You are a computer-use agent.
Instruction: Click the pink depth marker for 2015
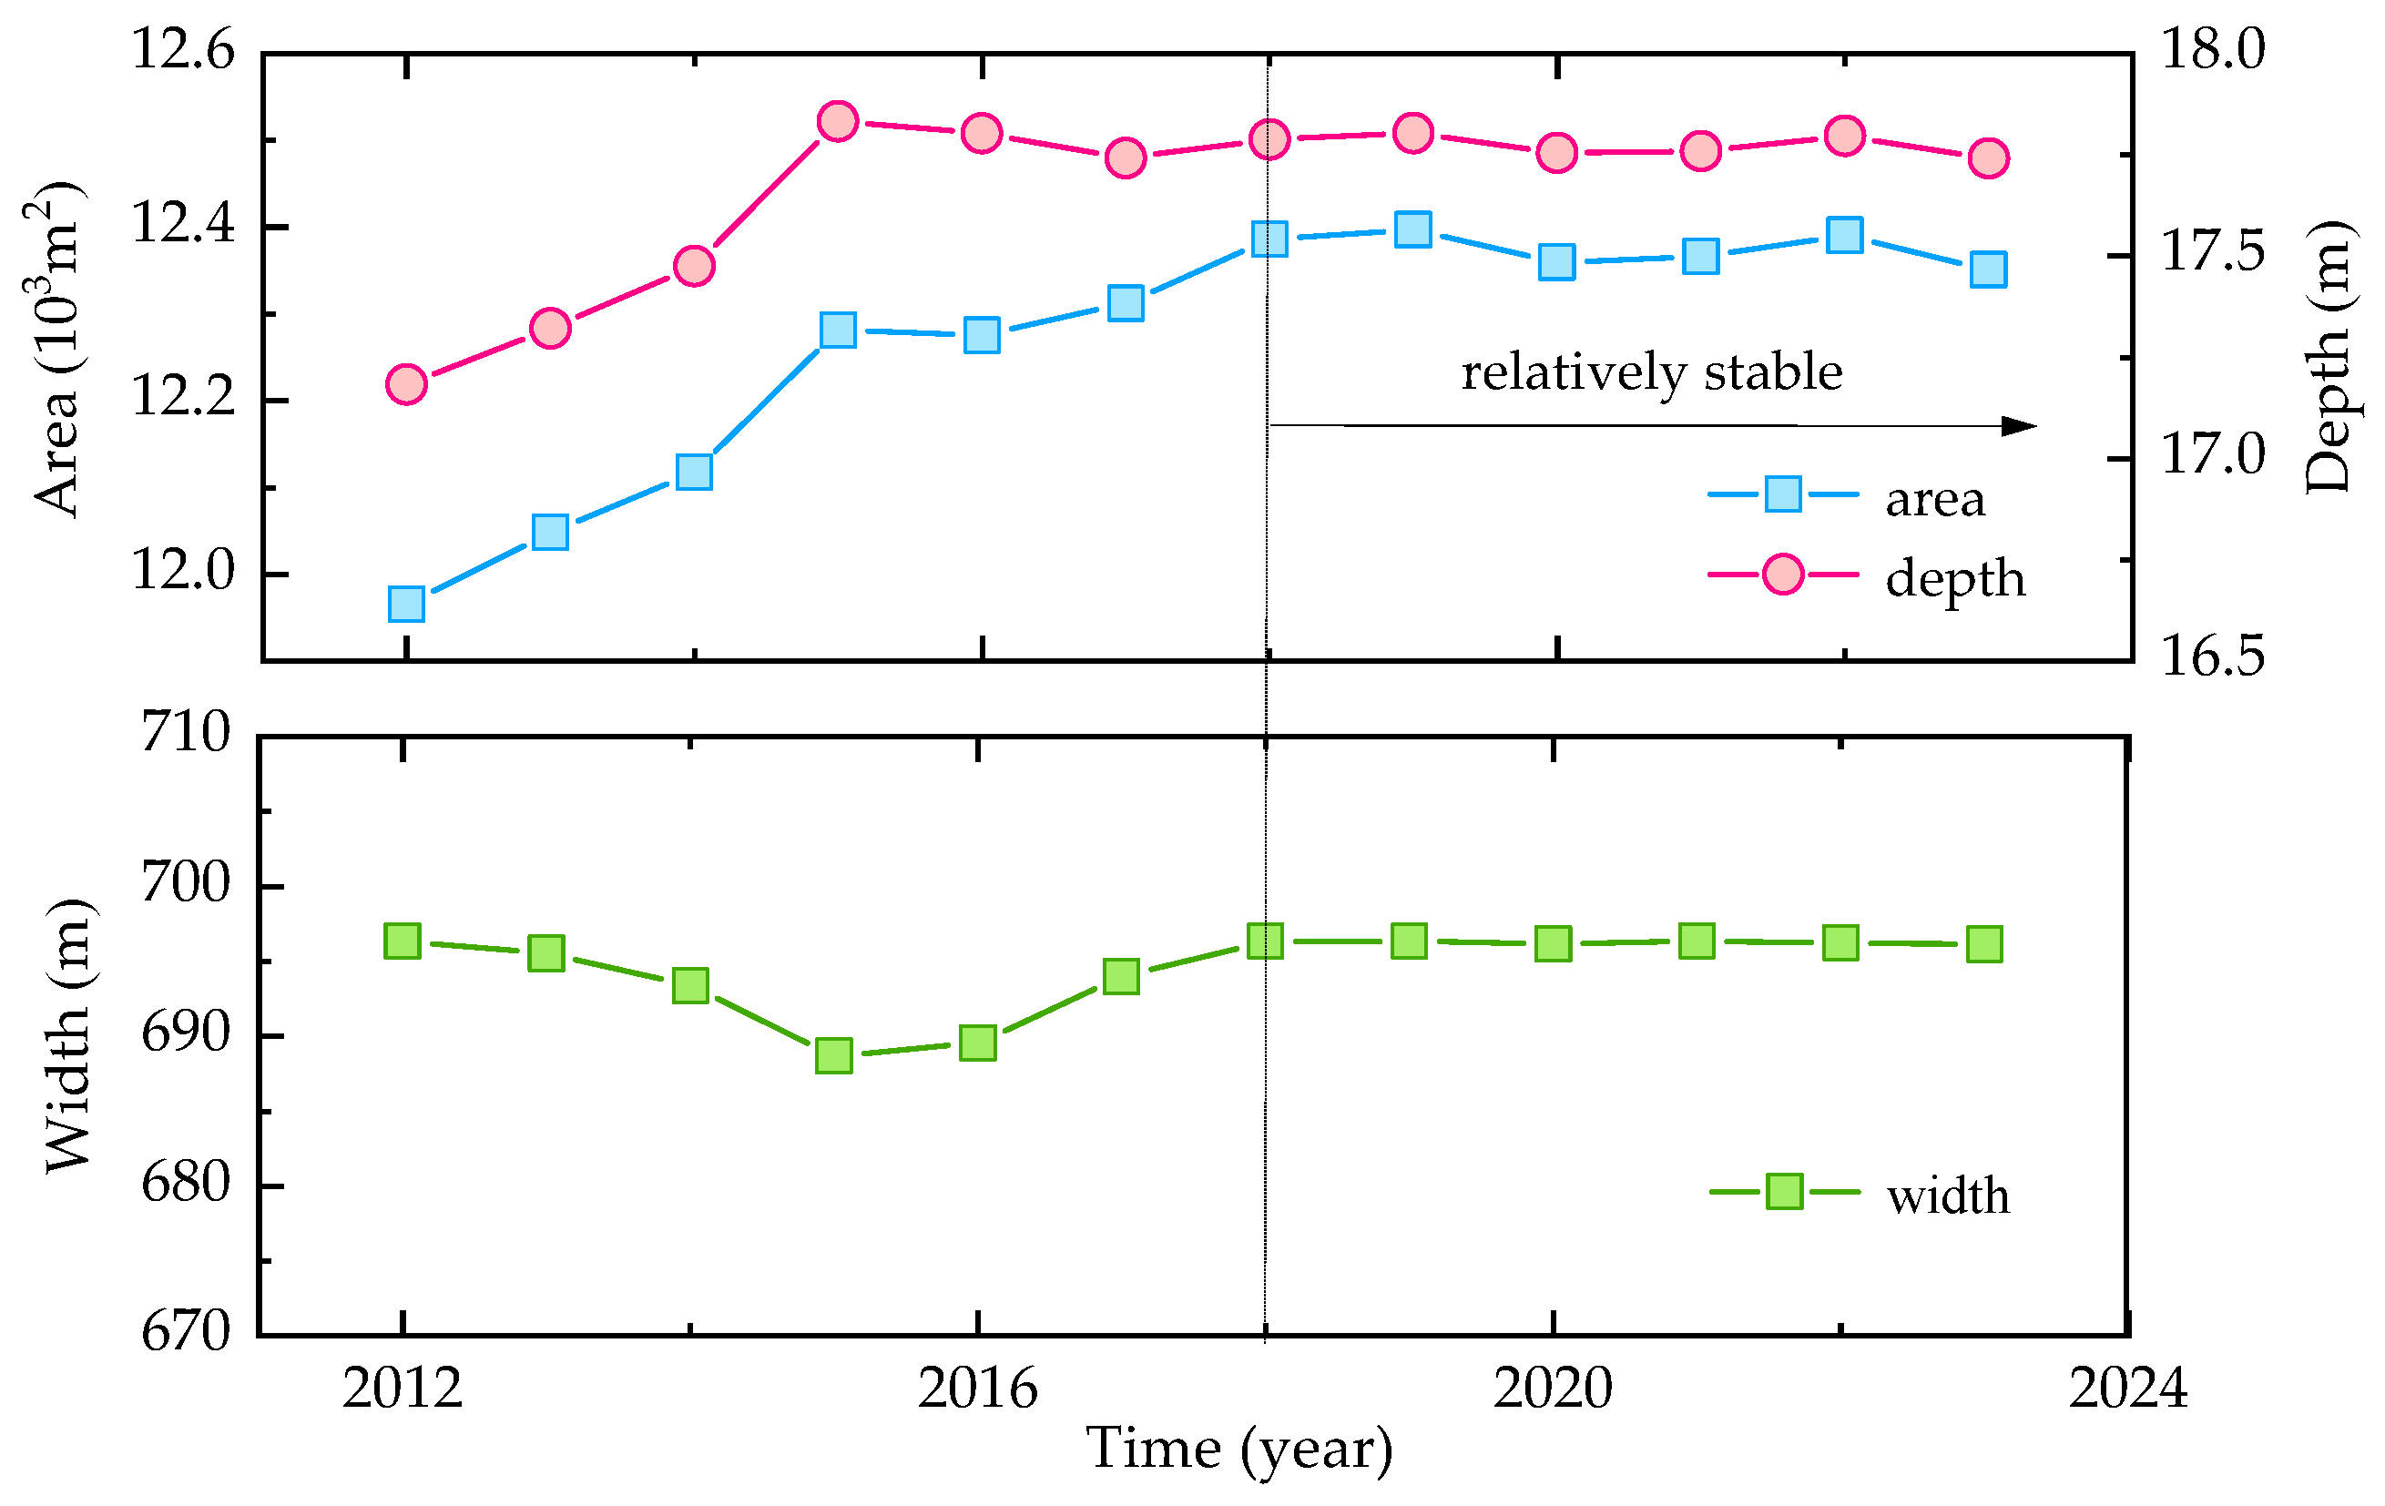coord(838,122)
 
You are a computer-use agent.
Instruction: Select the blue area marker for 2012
coord(406,603)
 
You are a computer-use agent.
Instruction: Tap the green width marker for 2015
coord(834,1055)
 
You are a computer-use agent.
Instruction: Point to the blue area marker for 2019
coord(1412,229)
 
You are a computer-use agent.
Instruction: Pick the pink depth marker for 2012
coord(406,384)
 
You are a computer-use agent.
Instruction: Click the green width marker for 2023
coord(1984,944)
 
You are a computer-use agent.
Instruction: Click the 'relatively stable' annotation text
coord(1651,372)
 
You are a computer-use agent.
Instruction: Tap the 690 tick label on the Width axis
coord(185,1033)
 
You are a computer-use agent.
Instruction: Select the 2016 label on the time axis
coord(976,1389)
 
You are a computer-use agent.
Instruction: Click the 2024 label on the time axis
coord(2127,1389)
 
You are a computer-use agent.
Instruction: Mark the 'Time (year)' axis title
coord(1239,1450)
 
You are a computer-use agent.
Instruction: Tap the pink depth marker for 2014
coord(694,265)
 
